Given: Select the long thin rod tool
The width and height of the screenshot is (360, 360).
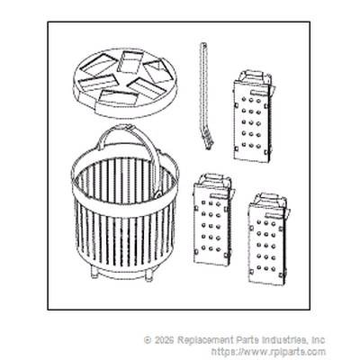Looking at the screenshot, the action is click(203, 96).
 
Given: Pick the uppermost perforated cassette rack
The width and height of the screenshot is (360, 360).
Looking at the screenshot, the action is click(254, 117).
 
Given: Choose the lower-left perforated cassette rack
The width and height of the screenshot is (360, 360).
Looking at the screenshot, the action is click(213, 220).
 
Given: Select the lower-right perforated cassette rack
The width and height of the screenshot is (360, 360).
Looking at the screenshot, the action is click(267, 239).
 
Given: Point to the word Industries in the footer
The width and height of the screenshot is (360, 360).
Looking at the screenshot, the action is click(284, 340).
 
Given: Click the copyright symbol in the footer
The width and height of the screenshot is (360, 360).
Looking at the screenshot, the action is click(148, 340).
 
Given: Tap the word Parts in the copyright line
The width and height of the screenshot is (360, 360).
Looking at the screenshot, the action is click(244, 340).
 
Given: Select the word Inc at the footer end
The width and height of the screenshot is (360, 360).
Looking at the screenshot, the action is click(318, 340).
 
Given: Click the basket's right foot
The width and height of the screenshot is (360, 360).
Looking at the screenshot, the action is click(148, 275).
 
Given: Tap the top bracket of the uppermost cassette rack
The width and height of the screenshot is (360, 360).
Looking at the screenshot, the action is click(255, 77).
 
